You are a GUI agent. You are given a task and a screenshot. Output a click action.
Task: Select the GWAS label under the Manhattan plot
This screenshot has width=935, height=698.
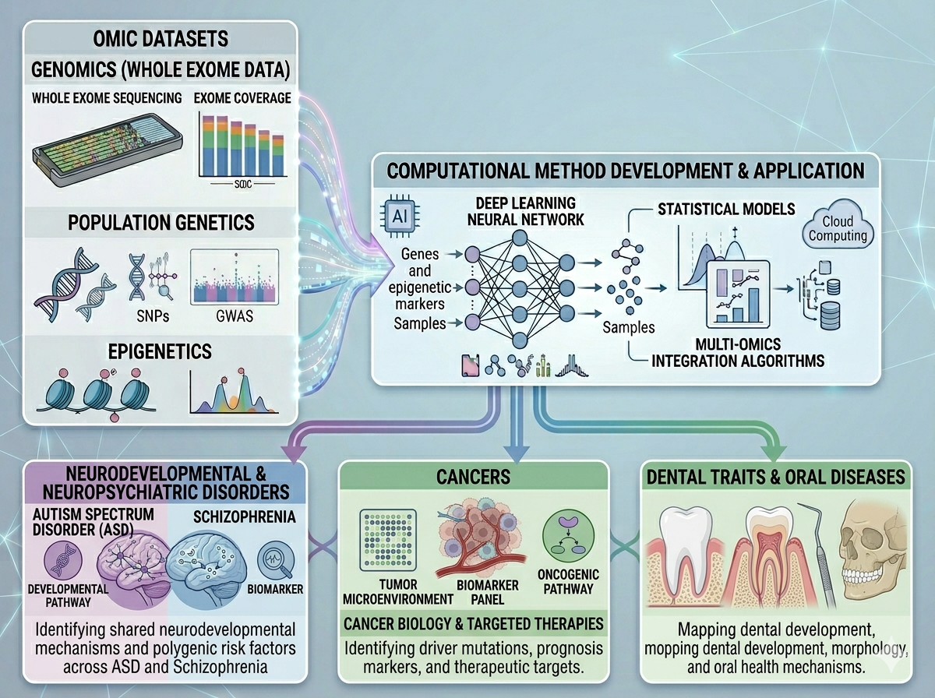[235, 316]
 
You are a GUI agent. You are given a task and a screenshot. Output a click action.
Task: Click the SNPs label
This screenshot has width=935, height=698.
[153, 316]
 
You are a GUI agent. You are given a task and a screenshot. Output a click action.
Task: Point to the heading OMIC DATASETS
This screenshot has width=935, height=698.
[161, 39]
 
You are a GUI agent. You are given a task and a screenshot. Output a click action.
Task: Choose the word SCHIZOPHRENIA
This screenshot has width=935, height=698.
[245, 517]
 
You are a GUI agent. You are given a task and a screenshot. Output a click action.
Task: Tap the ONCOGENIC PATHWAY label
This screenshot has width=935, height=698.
[568, 582]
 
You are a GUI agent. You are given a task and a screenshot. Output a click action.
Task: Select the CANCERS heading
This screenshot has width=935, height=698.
[473, 477]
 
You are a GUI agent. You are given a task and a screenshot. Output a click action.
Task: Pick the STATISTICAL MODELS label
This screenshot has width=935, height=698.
[726, 209]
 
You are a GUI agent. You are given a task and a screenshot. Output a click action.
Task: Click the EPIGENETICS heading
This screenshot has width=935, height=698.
[160, 351]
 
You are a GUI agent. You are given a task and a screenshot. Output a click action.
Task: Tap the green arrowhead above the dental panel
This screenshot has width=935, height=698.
[774, 453]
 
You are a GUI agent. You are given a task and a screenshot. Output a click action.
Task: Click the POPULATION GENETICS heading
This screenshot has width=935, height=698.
[161, 223]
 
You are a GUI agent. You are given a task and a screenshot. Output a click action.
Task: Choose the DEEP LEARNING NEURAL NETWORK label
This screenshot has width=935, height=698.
[526, 211]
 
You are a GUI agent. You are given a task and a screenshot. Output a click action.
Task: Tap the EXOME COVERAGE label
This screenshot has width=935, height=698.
[242, 98]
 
